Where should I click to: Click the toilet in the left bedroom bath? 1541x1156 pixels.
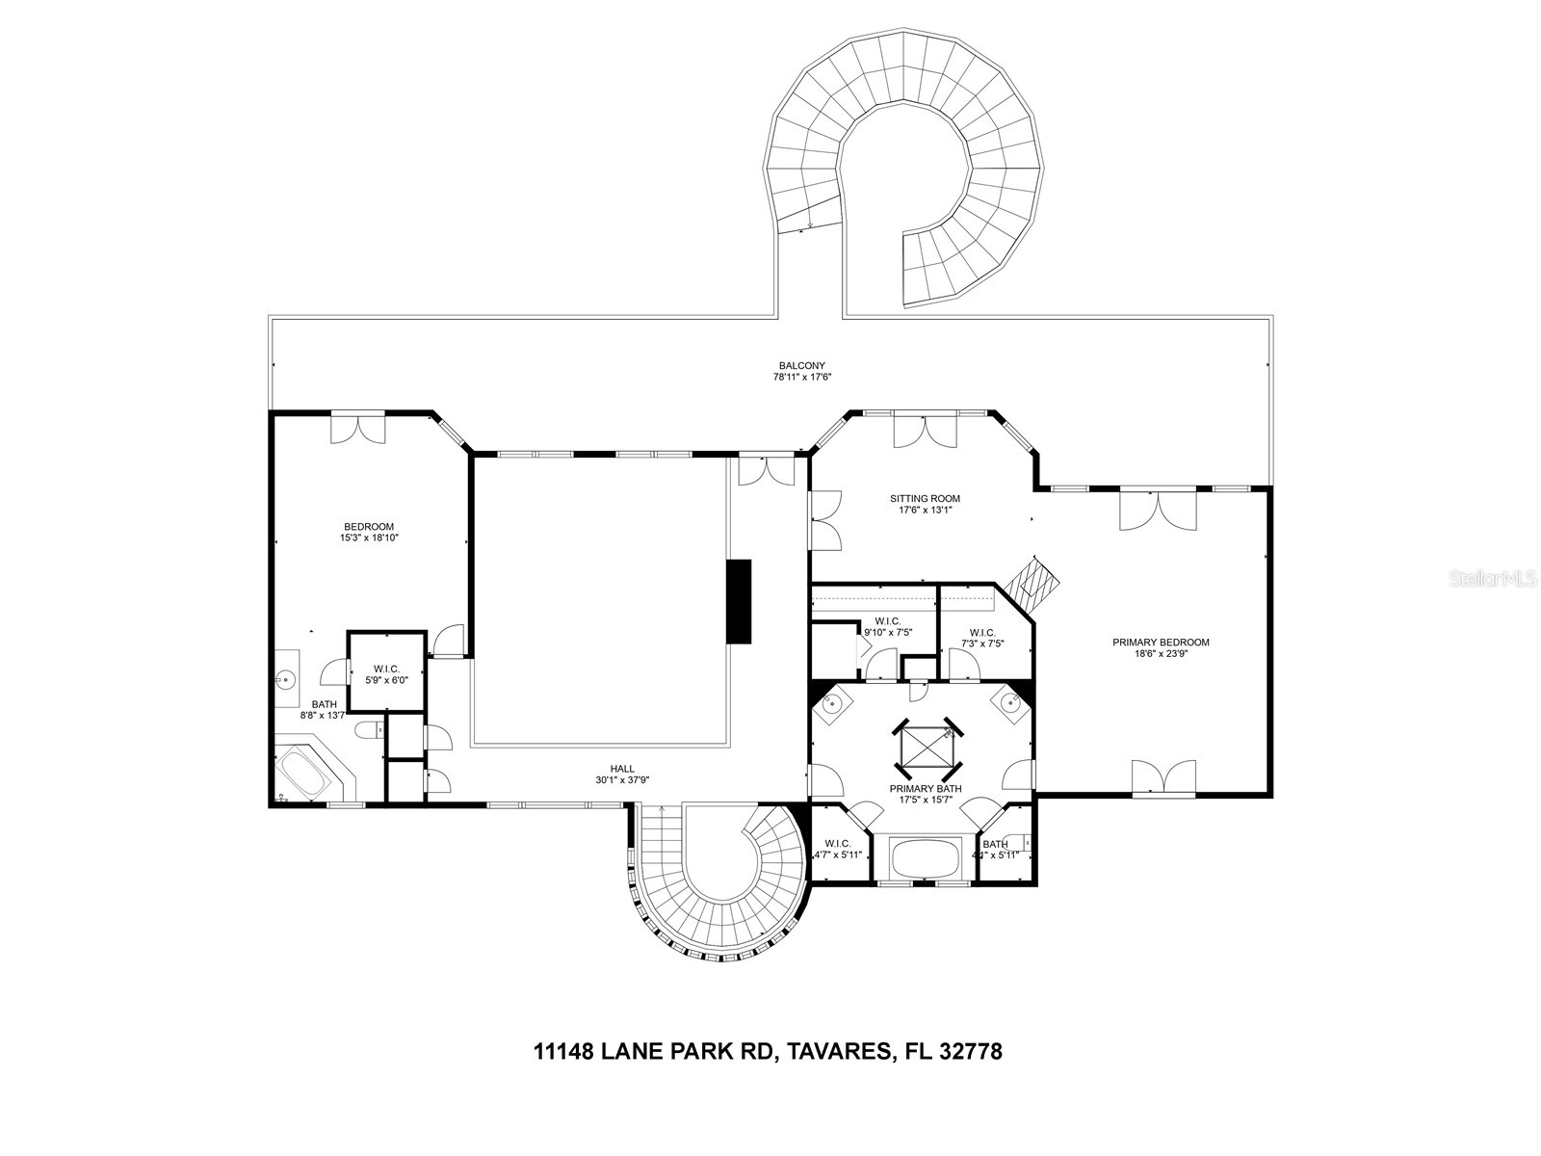point(367,733)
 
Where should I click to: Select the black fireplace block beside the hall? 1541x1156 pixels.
point(739,601)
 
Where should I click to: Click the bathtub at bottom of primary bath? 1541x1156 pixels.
point(925,856)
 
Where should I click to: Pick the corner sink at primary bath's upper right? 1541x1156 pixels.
point(1009,703)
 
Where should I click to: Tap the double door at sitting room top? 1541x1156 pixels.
point(925,431)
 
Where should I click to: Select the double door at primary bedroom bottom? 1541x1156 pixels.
point(1163,777)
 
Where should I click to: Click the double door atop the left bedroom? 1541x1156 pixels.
point(358,429)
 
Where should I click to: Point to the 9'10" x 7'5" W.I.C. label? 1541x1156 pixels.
point(887,627)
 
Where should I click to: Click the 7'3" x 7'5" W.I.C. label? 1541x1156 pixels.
point(981,638)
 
